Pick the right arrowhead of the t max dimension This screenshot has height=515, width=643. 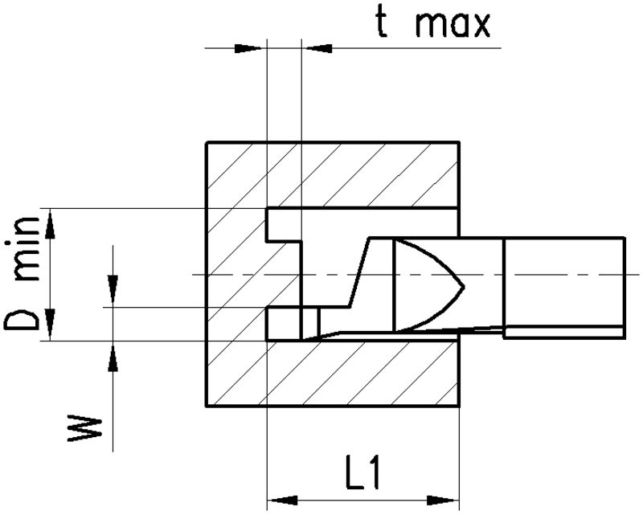click(316, 49)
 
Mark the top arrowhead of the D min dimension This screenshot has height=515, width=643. click(51, 224)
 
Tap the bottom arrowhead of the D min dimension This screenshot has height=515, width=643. click(51, 325)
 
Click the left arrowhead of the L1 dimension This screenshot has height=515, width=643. click(281, 498)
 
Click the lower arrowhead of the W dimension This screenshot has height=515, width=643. click(113, 357)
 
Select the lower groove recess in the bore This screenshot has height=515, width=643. click(283, 323)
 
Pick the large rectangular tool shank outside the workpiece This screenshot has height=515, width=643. click(563, 281)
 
